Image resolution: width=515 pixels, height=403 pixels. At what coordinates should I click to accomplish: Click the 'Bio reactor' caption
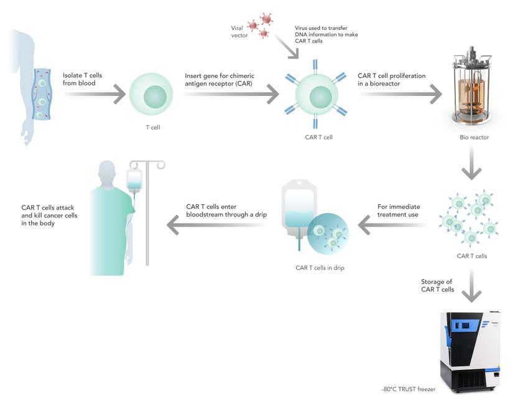pos(473,138)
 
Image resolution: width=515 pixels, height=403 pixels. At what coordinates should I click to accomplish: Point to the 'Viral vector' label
pos(239,31)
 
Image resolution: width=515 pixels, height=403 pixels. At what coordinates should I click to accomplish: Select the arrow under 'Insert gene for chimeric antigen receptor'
pos(231,96)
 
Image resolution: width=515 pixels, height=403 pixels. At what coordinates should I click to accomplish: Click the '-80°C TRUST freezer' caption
pos(409,389)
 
